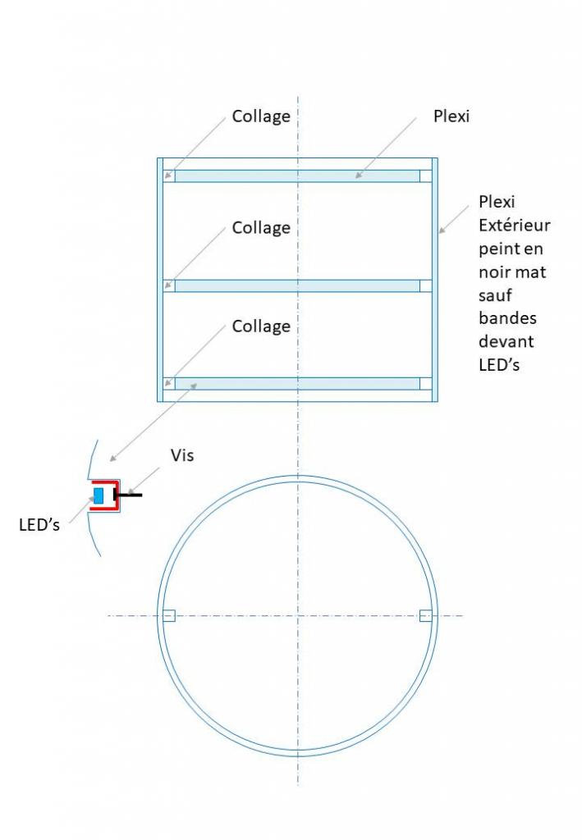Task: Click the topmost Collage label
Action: pyautogui.click(x=261, y=116)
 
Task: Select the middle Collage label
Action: pyautogui.click(x=261, y=228)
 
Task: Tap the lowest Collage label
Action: pyautogui.click(x=261, y=326)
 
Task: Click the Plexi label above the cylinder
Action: pyautogui.click(x=451, y=116)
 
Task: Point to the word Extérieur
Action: pyautogui.click(x=515, y=225)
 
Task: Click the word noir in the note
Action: pyautogui.click(x=497, y=271)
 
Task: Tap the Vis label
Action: pyautogui.click(x=182, y=455)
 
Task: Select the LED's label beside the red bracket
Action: pyautogui.click(x=39, y=525)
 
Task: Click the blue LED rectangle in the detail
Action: pyautogui.click(x=99, y=495)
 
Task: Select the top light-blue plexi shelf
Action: pyautogui.click(x=297, y=176)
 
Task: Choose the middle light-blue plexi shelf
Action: pyautogui.click(x=297, y=285)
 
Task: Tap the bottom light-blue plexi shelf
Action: pyautogui.click(x=297, y=383)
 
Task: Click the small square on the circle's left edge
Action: pyautogui.click(x=169, y=615)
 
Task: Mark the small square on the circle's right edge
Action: pyautogui.click(x=425, y=615)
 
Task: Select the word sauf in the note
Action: pyautogui.click(x=495, y=294)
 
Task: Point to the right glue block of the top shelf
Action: pyautogui.click(x=425, y=176)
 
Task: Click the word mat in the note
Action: pyautogui.click(x=531, y=271)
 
